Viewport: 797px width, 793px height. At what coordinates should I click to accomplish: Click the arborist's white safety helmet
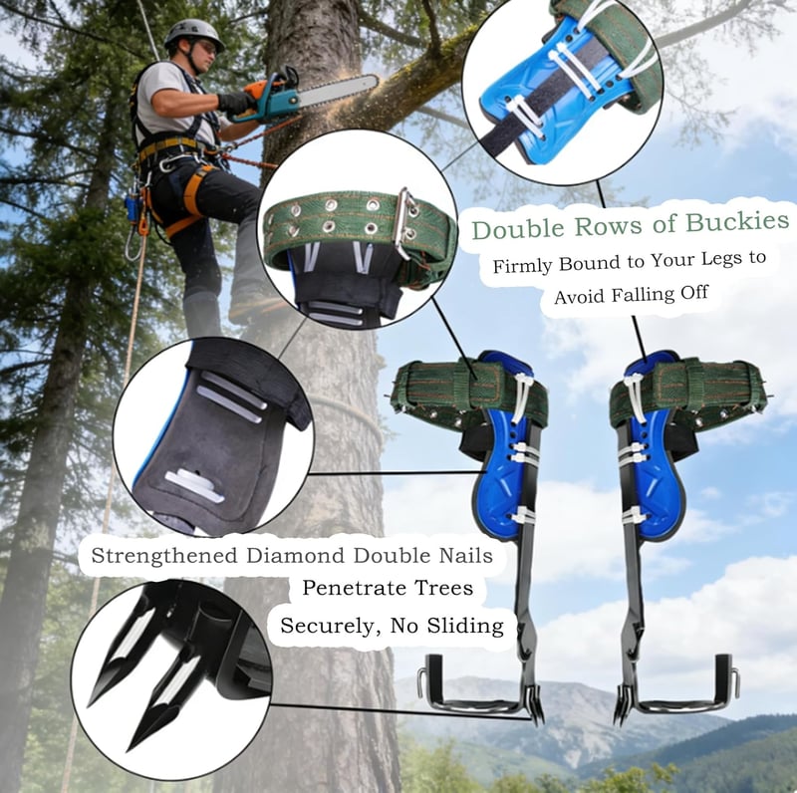(x=193, y=34)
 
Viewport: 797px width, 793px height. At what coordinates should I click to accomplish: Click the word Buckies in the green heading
(x=736, y=221)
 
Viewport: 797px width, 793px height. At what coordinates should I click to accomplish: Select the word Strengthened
(x=164, y=556)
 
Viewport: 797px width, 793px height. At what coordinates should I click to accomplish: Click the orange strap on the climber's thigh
(x=189, y=203)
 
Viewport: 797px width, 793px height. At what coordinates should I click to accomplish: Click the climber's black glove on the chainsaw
(x=236, y=103)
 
